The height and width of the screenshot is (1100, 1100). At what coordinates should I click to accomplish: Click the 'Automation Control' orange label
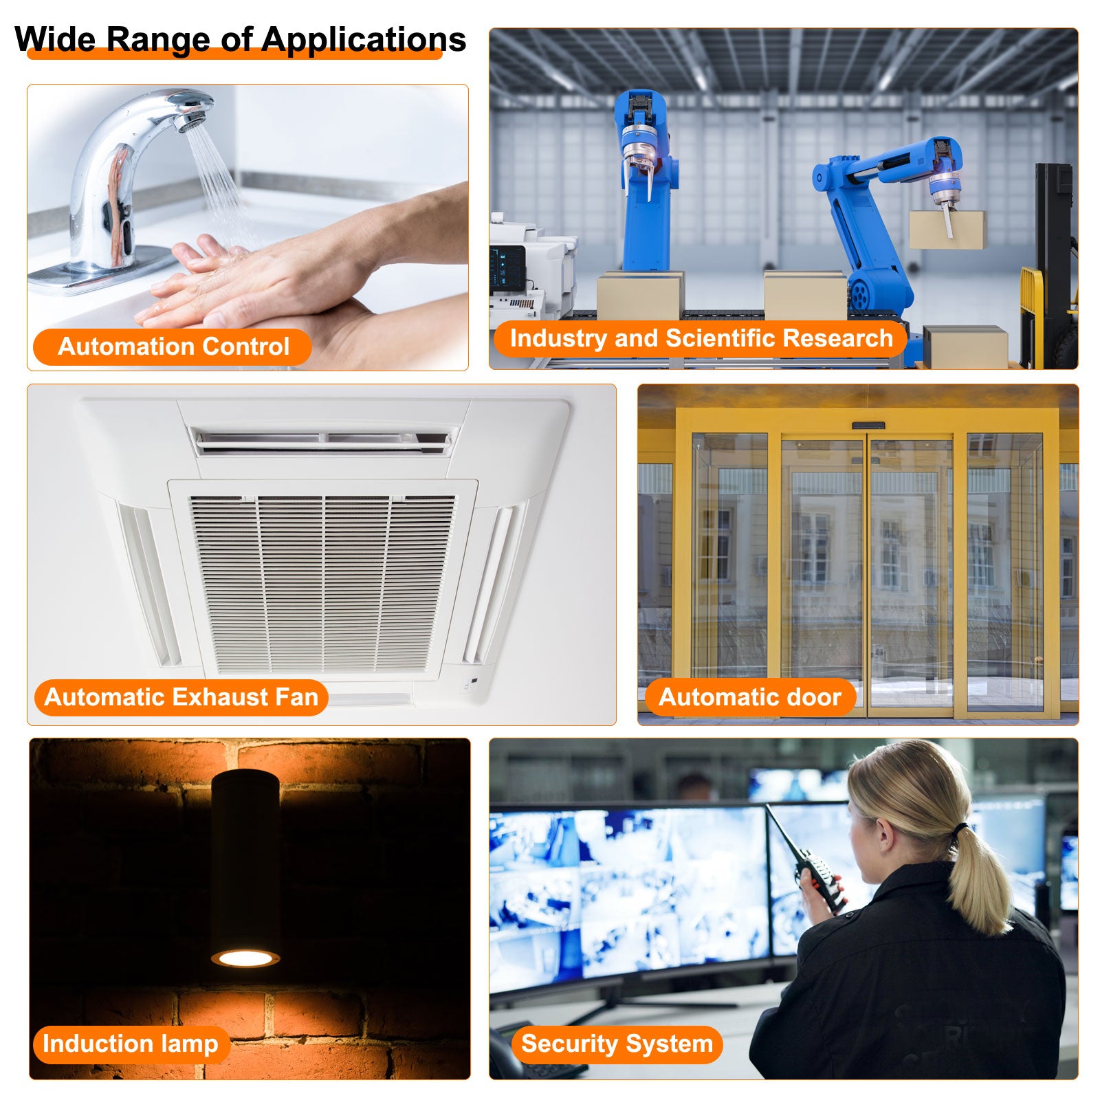173,346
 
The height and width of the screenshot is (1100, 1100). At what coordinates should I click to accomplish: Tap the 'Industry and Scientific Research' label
701,338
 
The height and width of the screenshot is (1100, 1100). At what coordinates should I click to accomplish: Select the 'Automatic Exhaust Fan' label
181,697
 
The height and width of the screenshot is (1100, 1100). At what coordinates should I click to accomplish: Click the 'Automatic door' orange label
750,697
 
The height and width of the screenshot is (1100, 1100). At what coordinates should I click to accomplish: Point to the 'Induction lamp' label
131,1044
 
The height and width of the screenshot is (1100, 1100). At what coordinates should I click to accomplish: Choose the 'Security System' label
617,1044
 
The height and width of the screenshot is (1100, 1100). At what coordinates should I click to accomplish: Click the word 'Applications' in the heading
364,39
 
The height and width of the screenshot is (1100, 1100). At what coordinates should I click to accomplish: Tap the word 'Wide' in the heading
55,39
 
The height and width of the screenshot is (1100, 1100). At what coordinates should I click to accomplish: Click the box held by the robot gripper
947,230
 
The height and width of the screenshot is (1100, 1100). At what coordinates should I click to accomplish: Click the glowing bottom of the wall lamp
245,958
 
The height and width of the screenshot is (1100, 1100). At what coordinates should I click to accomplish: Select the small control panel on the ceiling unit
471,684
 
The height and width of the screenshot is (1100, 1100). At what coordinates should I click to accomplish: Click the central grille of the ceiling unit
322,583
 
